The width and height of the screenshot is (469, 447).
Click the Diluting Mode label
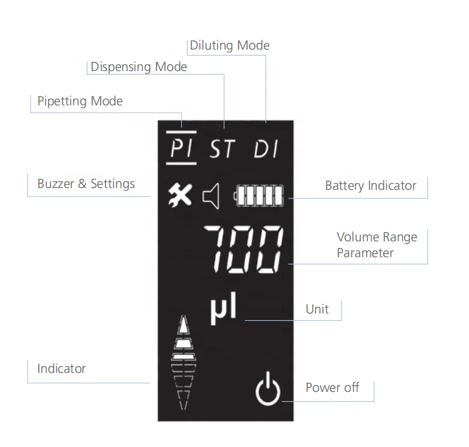(230, 45)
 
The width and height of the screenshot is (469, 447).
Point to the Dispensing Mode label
(139, 67)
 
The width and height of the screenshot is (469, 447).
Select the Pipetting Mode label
(80, 100)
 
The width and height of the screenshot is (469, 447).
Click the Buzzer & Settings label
(86, 183)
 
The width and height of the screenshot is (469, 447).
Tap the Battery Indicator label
(370, 185)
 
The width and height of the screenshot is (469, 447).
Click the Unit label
(317, 309)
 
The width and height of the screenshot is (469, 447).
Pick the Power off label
(332, 387)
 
